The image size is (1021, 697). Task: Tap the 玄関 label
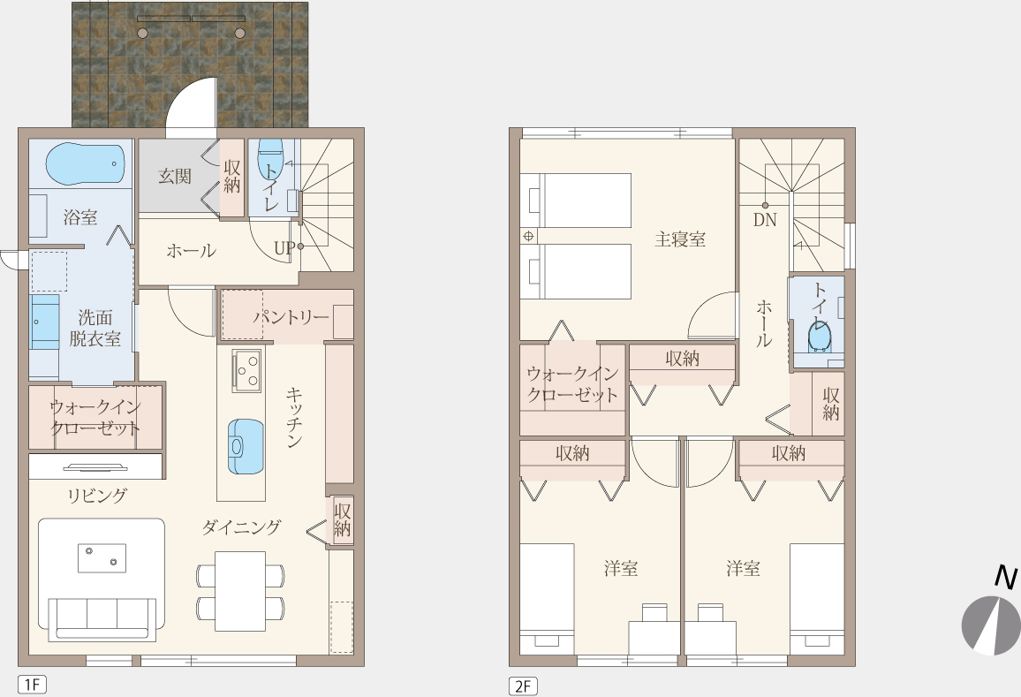click(x=175, y=176)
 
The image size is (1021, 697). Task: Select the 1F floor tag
click(x=32, y=685)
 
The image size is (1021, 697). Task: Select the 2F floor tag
click(x=523, y=686)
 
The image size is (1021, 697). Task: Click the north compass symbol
click(x=991, y=624)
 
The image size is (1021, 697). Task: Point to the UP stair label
click(x=284, y=248)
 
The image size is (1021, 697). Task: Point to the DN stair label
click(x=765, y=220)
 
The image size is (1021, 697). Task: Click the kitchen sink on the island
click(x=246, y=446)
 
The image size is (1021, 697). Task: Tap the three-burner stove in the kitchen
click(x=246, y=371)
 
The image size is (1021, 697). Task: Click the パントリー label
click(x=291, y=317)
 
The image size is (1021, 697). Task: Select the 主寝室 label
click(x=680, y=239)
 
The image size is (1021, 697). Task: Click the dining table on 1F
click(x=240, y=591)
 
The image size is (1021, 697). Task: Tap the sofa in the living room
click(x=102, y=618)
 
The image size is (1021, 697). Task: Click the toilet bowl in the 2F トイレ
click(x=819, y=336)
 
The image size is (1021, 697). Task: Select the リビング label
click(x=97, y=496)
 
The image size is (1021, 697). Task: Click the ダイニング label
click(x=242, y=527)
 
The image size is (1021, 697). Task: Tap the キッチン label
click(x=293, y=417)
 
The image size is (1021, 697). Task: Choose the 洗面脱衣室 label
click(x=95, y=328)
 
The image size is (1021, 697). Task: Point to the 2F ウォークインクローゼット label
click(x=572, y=384)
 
